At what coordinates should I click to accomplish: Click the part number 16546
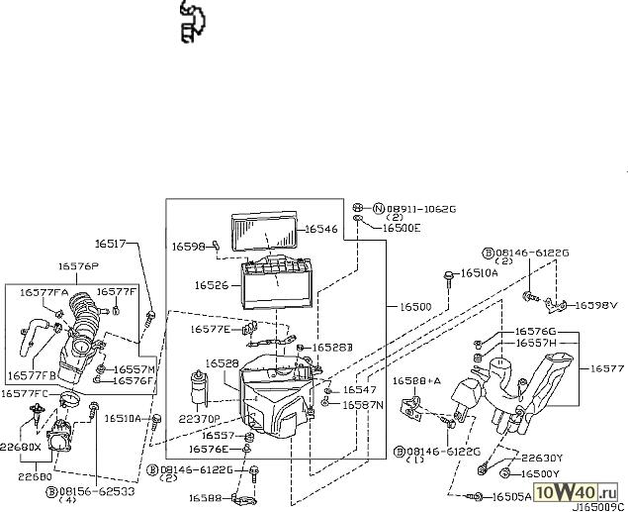point(320,229)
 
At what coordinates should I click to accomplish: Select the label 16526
point(212,285)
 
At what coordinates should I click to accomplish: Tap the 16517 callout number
point(112,243)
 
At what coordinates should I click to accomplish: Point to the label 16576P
point(77,265)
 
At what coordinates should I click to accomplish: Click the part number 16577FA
point(43,292)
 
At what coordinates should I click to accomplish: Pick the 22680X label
point(22,447)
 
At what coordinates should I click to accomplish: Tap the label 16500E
point(403,228)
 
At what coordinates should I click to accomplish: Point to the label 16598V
point(595,306)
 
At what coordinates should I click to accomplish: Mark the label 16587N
point(363,405)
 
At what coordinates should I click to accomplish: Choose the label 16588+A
point(415,381)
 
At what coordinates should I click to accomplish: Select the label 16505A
point(511,496)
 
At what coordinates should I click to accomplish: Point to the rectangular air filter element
point(266,233)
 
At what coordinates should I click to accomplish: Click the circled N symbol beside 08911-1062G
point(378,209)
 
